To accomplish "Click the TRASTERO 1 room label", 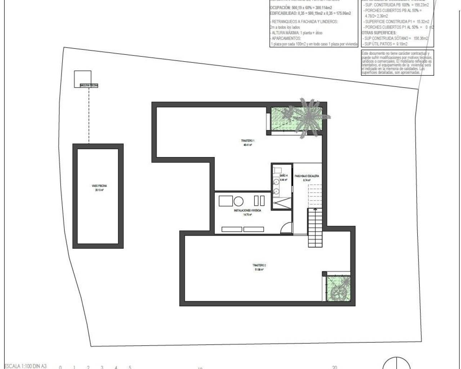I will pyautogui.click(x=248, y=141).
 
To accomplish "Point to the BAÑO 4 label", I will pyautogui.click(x=283, y=175).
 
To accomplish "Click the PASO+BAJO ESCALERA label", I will pyautogui.click(x=307, y=176).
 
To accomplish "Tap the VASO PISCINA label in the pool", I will pyautogui.click(x=99, y=186).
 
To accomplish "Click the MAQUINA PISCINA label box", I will pyautogui.click(x=89, y=86).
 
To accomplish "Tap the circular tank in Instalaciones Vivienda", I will pyautogui.click(x=239, y=201).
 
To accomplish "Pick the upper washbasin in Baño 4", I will pyautogui.click(x=276, y=182).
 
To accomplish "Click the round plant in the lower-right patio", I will pyautogui.click(x=339, y=292).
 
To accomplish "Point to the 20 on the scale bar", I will pyautogui.click(x=335, y=367).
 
